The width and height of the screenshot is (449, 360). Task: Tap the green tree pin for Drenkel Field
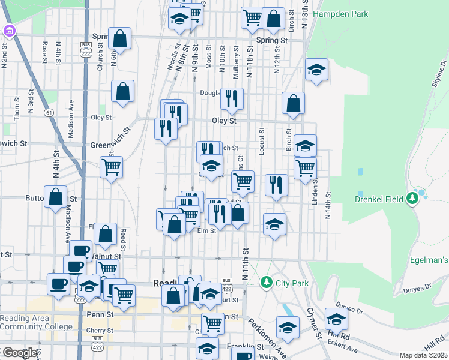[x=412, y=197]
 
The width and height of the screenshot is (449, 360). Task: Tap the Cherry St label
[x=100, y=329]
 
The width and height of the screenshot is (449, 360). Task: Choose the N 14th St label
[x=328, y=206]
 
